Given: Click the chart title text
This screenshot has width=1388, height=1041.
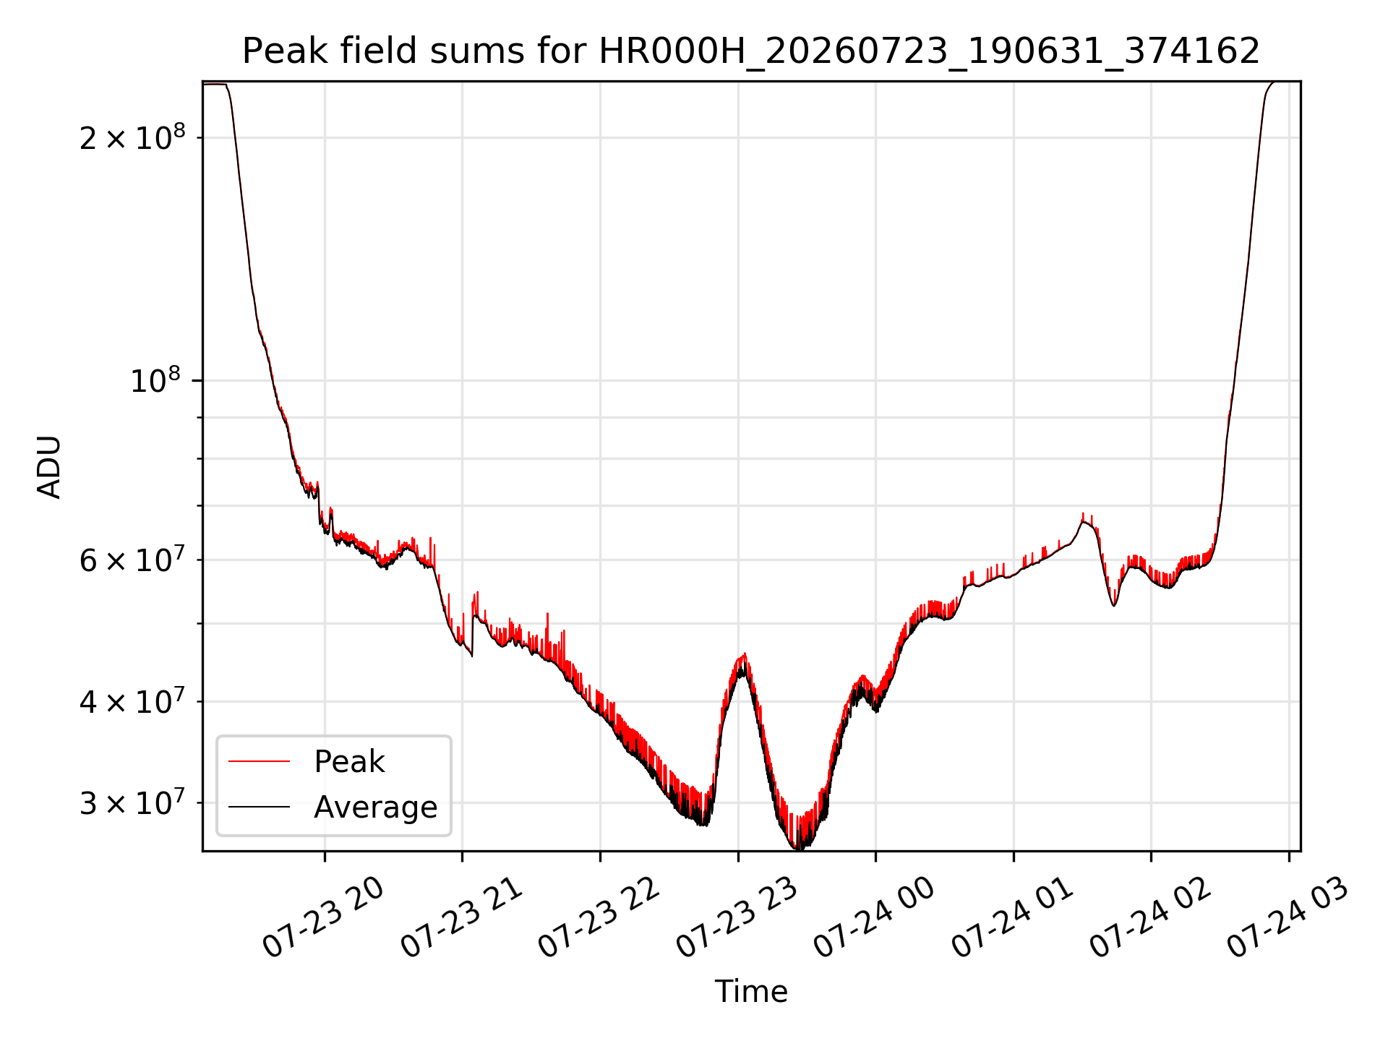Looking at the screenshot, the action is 751,51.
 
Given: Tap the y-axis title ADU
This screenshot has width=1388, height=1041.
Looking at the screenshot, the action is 49,467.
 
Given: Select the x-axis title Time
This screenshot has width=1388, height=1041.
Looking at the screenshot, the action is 751,991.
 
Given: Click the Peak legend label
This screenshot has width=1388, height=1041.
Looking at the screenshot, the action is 349,761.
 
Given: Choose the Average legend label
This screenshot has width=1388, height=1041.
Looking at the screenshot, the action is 376,807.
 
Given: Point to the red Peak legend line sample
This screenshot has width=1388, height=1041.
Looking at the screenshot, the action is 259,761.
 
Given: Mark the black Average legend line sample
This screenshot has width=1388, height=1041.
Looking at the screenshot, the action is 259,807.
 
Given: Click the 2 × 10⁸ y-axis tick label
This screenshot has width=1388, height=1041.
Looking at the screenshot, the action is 132,137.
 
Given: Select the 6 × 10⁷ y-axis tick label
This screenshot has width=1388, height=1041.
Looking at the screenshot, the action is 132,560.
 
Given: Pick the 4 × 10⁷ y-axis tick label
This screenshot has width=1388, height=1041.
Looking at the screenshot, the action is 132,701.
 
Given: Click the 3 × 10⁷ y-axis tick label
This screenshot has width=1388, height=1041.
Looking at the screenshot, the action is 132,802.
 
